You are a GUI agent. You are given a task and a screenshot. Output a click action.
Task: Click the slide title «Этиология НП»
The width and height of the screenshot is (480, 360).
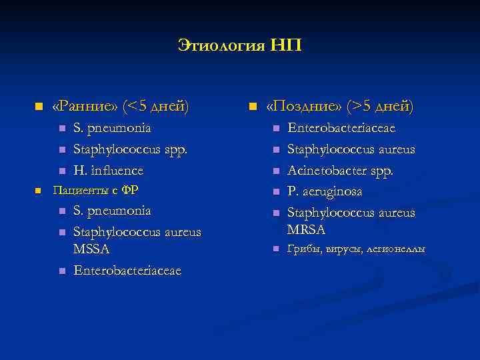click(x=239, y=45)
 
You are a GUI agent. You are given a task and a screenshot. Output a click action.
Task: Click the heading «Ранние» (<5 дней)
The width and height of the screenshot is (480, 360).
click(x=121, y=106)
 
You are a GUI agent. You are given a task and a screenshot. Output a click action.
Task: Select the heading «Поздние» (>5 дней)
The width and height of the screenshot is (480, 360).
click(x=339, y=106)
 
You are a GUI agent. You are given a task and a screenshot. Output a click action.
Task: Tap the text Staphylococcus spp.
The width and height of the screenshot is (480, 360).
click(x=131, y=149)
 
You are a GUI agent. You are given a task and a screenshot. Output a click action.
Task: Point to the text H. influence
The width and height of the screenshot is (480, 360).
click(x=109, y=170)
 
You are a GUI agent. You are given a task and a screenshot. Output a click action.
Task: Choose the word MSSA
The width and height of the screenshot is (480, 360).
click(x=92, y=249)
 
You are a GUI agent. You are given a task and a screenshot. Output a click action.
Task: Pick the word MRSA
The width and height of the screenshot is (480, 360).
click(x=306, y=229)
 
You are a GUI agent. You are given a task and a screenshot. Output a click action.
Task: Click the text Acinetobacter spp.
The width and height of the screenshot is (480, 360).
click(x=341, y=170)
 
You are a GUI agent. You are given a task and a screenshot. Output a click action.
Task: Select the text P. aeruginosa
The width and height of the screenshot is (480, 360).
click(x=325, y=191)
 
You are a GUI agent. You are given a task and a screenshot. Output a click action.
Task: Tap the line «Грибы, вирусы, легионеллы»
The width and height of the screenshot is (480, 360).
click(x=356, y=249)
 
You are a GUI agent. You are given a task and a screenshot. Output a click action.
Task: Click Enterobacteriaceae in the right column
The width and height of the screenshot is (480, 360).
click(x=341, y=127)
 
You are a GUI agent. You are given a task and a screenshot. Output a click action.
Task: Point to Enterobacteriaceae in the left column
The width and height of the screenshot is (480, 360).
click(x=128, y=270)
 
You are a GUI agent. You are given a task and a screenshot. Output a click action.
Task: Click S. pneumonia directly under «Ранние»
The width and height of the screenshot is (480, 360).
click(x=112, y=127)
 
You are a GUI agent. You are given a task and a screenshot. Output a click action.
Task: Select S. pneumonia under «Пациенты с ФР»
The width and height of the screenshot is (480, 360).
click(x=112, y=211)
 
